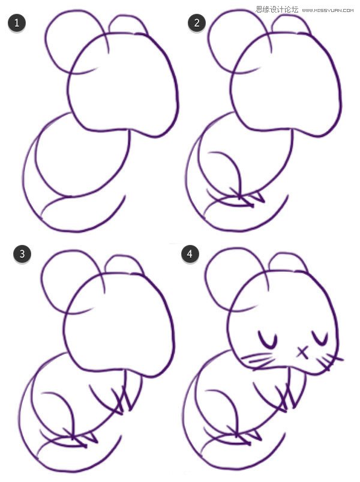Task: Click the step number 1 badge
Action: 17,23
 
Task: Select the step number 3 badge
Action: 22,254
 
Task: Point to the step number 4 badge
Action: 190,254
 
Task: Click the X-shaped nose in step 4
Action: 302,352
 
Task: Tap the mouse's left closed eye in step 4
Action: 267,340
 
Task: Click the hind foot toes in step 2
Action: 249,199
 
